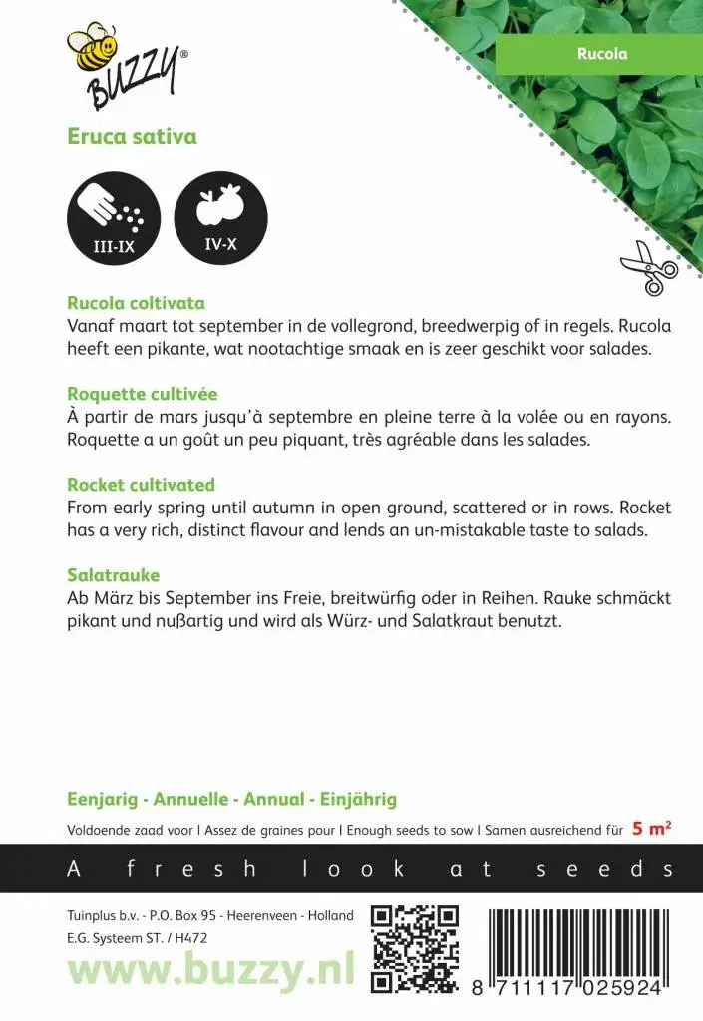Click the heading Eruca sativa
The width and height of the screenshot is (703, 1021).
132,137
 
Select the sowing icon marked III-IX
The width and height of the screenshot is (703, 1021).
113,216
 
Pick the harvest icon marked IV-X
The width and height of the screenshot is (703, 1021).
220,216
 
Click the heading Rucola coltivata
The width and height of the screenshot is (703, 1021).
136,303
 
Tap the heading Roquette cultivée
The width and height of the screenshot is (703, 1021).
142,394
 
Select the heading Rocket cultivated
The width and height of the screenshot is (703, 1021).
141,485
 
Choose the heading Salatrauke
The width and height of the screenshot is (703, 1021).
113,575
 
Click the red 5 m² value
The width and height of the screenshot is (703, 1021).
651,829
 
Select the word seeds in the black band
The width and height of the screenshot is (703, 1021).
604,869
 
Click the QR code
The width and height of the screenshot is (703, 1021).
415,948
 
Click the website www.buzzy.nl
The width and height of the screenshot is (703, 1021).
210,967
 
